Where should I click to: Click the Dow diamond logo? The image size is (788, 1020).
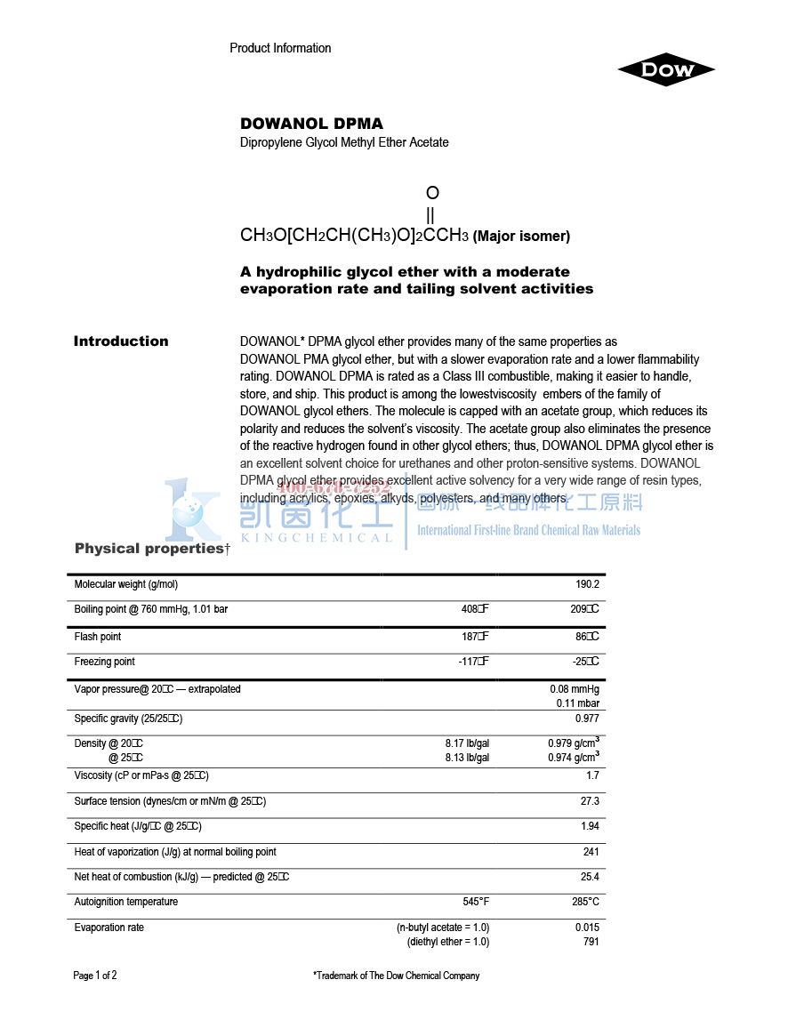point(666,70)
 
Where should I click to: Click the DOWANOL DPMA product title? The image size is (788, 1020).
point(311,124)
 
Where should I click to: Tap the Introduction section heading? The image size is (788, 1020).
point(121,341)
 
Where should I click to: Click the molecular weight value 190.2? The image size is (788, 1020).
point(587,584)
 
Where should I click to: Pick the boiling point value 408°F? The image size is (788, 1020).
point(475,610)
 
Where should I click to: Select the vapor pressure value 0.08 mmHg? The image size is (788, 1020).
point(575,689)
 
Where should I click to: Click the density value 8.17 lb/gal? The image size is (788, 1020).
point(467,743)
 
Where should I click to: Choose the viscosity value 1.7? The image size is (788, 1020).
point(592,775)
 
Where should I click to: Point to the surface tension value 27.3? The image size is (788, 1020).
point(590,801)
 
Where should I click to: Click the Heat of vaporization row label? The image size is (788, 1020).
point(175,852)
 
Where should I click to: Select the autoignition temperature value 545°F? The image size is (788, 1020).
point(476,902)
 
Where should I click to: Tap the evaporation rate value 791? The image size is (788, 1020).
point(591,942)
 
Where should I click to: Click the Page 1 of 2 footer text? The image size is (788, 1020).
point(95,976)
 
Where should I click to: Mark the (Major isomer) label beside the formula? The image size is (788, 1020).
point(521,237)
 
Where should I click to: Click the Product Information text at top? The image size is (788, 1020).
point(280,48)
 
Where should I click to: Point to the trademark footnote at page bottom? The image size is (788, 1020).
point(396,976)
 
